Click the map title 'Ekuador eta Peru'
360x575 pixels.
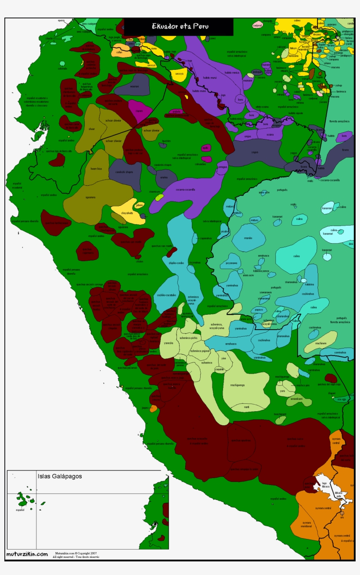(x=180, y=26)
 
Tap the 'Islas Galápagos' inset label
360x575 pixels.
(x=60, y=476)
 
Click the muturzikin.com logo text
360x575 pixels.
(x=27, y=554)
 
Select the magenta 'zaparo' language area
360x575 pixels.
(x=139, y=111)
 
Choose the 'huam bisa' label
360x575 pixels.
(x=96, y=169)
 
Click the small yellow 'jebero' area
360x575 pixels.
(x=140, y=205)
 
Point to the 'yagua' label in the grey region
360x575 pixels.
(x=254, y=152)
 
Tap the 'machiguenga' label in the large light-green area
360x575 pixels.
(x=237, y=385)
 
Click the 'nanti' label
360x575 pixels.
(x=246, y=407)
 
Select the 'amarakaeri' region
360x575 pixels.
(x=297, y=399)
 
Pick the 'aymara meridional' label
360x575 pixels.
(x=306, y=524)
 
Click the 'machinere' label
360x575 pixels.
(x=320, y=343)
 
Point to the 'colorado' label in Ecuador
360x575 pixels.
(x=62, y=68)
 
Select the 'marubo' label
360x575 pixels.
(x=248, y=238)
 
